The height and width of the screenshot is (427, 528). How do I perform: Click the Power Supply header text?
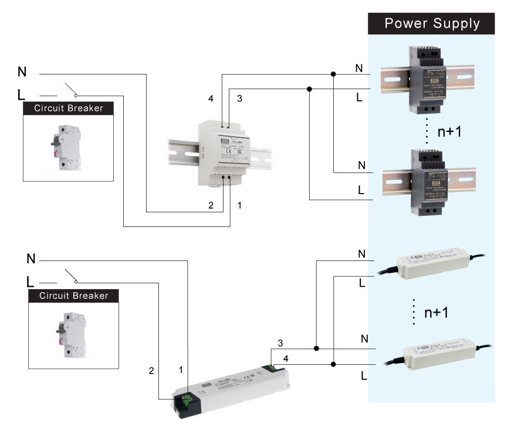pyautogui.click(x=432, y=23)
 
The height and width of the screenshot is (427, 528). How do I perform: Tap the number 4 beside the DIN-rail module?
pyautogui.click(x=211, y=99)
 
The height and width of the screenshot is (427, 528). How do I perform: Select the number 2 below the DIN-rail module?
pyautogui.click(x=211, y=205)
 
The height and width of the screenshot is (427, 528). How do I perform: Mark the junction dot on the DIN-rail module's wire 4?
pyautogui.click(x=333, y=74)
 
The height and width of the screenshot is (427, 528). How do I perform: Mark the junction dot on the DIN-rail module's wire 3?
pyautogui.click(x=309, y=89)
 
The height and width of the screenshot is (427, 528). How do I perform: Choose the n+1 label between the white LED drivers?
pyautogui.click(x=436, y=311)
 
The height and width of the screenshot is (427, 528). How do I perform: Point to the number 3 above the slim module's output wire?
pyautogui.click(x=280, y=343)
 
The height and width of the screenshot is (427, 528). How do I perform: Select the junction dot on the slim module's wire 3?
pyautogui.click(x=316, y=348)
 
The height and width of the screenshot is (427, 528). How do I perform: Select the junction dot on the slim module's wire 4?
pyautogui.click(x=333, y=364)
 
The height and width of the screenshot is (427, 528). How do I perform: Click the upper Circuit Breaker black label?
pyautogui.click(x=68, y=108)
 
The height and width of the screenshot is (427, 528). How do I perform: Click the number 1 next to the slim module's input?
pyautogui.click(x=181, y=370)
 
